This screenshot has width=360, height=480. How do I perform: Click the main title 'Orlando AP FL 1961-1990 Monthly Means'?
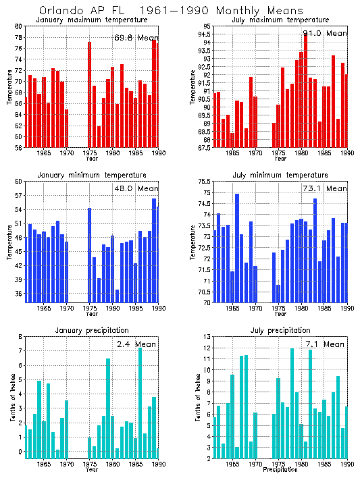(x=161, y=11)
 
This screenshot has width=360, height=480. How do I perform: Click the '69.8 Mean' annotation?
(x=135, y=37)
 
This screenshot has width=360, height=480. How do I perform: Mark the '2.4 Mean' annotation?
(x=135, y=344)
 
